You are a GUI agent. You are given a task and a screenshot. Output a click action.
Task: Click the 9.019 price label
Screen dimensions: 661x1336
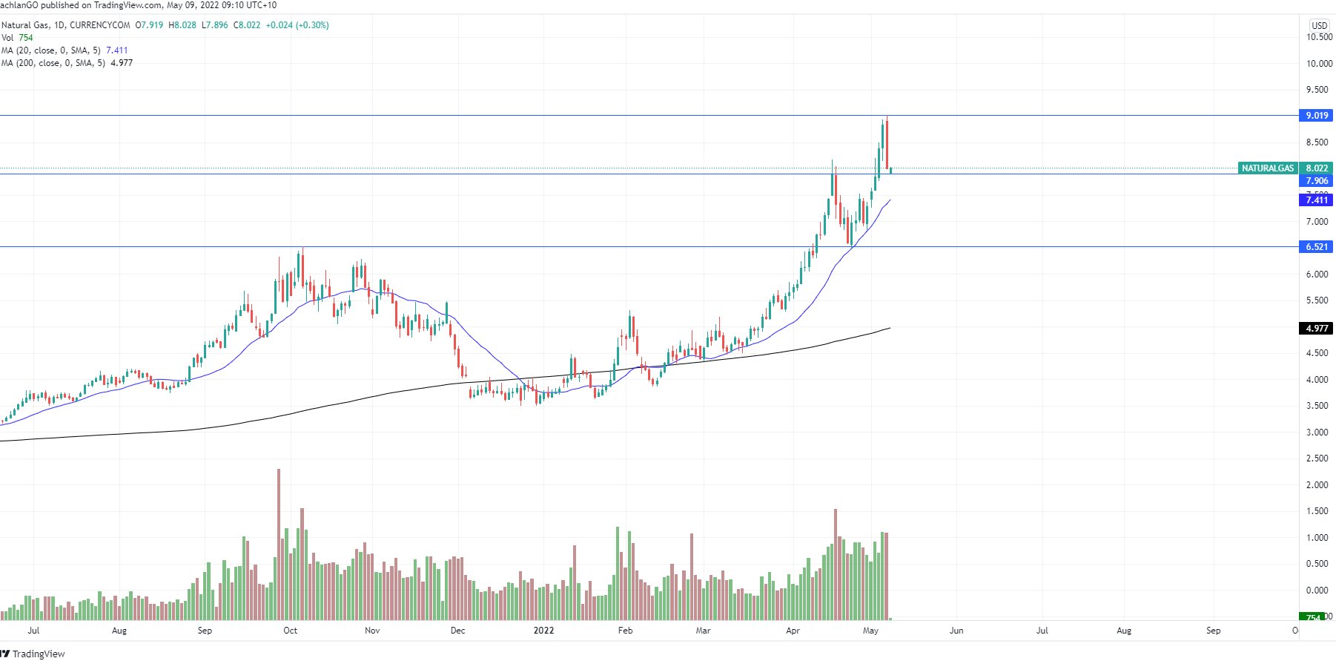(1316, 115)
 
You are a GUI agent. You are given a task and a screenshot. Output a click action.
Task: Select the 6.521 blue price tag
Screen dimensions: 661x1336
(1316, 246)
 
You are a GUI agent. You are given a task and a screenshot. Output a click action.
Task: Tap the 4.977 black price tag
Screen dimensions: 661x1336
(1316, 328)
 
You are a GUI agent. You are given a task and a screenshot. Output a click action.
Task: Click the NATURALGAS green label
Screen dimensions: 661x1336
(1267, 168)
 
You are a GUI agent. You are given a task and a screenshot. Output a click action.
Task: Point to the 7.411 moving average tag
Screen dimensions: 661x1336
(1316, 200)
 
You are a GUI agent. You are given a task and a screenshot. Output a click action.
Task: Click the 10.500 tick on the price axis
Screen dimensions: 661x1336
(1319, 37)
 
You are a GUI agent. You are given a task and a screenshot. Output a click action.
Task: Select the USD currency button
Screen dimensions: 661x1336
(1319, 25)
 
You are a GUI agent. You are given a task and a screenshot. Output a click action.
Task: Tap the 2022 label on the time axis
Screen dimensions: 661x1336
(543, 631)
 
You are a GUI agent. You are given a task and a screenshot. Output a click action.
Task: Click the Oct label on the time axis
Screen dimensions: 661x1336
(290, 631)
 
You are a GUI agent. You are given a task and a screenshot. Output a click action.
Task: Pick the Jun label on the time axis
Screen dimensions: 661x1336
(956, 631)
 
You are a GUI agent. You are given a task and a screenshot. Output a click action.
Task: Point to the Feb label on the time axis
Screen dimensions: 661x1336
(625, 631)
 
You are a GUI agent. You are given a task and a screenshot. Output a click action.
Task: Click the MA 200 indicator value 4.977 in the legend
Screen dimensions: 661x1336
(122, 63)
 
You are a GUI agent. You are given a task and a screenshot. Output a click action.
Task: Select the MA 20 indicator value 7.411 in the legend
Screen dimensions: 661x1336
(117, 50)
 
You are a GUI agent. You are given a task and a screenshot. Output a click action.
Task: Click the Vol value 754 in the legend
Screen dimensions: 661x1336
(26, 38)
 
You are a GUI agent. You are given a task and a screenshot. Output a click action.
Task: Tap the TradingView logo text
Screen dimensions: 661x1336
(39, 654)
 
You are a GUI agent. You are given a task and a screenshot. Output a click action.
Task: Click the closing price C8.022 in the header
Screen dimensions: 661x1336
(247, 25)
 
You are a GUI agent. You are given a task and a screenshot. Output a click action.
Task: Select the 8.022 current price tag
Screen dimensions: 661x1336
(1317, 168)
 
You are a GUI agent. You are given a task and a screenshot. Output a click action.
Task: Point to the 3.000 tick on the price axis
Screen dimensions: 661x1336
(1317, 433)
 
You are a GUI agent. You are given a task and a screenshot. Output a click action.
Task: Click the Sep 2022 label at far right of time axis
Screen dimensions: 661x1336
(1213, 631)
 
